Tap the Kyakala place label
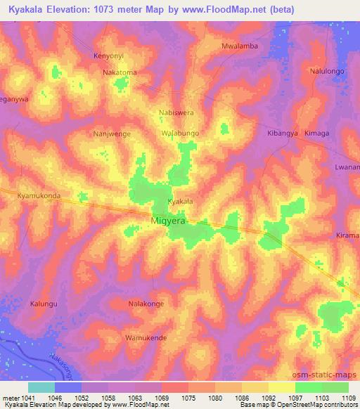pos(179,202)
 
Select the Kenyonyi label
pos(109,55)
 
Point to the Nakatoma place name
pos(120,72)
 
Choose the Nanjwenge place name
pos(112,133)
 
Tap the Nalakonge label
pos(146,304)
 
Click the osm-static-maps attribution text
pos(330,374)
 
